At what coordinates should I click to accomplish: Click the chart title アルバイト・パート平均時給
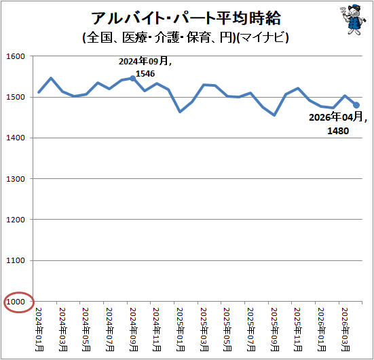[186, 18]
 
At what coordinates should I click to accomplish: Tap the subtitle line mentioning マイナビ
[185, 38]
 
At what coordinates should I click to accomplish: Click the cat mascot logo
[353, 20]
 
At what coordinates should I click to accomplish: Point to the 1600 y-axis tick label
[16, 56]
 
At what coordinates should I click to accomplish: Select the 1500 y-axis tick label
[16, 97]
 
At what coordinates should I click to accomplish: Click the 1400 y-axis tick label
[16, 138]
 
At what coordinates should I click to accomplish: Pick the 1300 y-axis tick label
[16, 179]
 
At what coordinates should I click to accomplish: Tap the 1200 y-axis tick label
[16, 220]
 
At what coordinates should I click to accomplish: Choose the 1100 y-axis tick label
[16, 260]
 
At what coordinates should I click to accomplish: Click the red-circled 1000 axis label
[16, 302]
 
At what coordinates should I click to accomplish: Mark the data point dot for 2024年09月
[133, 79]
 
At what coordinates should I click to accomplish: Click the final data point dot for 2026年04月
[356, 105]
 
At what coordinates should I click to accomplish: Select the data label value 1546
[145, 74]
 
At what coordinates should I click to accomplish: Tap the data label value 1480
[338, 131]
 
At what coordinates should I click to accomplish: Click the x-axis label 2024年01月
[39, 329]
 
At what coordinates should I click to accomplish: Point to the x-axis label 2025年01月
[181, 329]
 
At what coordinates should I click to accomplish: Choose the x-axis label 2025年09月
[274, 329]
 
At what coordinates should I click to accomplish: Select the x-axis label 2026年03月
[345, 329]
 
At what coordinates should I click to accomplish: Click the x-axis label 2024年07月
[110, 329]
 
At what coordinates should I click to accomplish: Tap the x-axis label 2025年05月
[227, 329]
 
